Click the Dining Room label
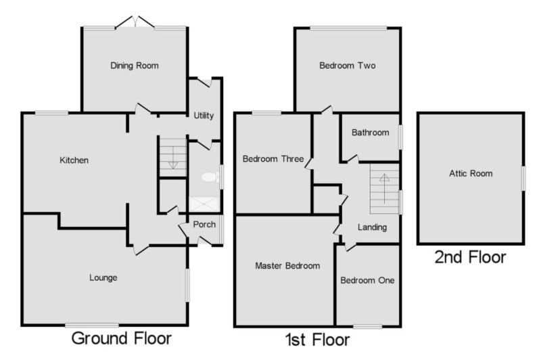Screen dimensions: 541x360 134,66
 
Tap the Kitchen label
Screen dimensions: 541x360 74,160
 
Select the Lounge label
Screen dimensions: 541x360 103,278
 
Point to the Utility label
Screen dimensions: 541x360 204,116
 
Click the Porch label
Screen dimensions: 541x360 204,225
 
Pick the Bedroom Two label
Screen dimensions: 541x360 348,66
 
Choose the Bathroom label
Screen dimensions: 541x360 370,133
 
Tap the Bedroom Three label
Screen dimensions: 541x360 273,159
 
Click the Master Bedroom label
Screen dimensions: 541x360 287,266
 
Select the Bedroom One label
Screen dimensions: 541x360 367,280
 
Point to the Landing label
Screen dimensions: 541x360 372,227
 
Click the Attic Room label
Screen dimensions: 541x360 471,174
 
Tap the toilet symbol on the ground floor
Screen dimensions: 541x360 210,177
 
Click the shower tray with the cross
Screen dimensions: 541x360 204,204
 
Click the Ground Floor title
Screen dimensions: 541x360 122,338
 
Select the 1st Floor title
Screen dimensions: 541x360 317,340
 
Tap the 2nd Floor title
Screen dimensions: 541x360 470,258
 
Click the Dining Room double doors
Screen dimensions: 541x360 135,22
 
